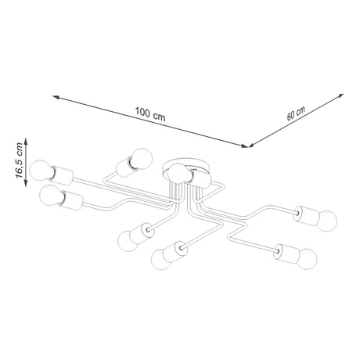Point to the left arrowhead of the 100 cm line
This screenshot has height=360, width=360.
56,99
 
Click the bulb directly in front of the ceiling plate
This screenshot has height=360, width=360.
178,173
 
